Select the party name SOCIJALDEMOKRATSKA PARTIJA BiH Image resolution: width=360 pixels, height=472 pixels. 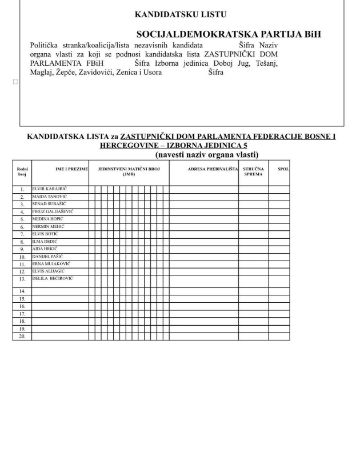[229, 34]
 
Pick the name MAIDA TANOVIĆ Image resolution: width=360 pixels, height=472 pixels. [49, 196]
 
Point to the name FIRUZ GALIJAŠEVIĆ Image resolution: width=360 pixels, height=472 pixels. [53, 211]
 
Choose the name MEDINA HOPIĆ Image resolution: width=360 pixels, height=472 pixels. [48, 219]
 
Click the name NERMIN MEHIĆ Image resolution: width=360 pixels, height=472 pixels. [49, 226]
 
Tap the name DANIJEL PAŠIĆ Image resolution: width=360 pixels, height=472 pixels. [47, 257]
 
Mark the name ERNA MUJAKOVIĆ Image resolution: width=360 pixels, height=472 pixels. [51, 264]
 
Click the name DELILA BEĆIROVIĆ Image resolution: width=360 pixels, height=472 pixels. [53, 279]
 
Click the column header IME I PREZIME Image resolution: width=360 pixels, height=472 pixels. [71, 170]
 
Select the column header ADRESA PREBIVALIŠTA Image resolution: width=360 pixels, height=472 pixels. [213, 170]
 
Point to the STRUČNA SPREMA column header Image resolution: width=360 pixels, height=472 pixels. [253, 171]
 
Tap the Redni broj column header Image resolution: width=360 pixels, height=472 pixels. [22, 171]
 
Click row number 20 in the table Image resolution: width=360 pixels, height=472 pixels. [22, 337]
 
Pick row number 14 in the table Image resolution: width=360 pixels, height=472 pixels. [22, 291]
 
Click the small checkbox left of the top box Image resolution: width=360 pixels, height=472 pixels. [15, 82]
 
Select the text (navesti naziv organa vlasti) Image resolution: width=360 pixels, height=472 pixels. [207, 154]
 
